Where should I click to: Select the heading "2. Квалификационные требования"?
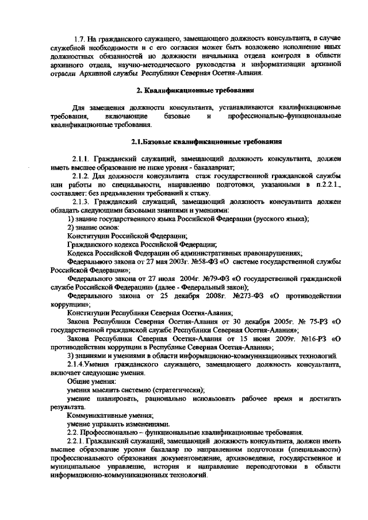[x=195, y=91]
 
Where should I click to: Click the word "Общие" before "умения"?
[x=79, y=381]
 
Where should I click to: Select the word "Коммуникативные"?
[x=95, y=414]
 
